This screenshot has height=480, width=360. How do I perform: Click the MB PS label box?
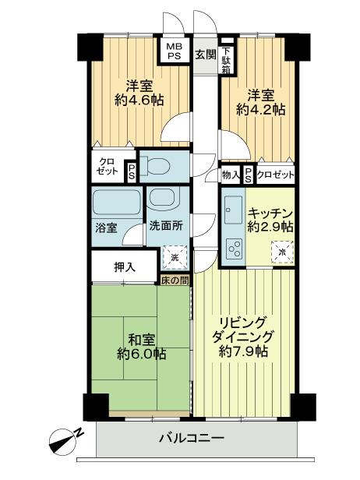pyautogui.click(x=175, y=51)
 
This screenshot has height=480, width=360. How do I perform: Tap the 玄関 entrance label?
pyautogui.click(x=205, y=55)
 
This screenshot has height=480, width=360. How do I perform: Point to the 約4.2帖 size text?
pyautogui.click(x=260, y=110)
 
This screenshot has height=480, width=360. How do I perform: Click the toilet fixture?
pyautogui.click(x=159, y=166)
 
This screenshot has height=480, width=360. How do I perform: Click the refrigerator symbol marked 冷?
pyautogui.click(x=282, y=252)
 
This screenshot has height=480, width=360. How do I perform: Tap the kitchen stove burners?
pyautogui.click(x=233, y=249)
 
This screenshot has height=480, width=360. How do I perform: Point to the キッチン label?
pyautogui.click(x=270, y=212)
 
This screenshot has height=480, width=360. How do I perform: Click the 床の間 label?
pyautogui.click(x=175, y=278)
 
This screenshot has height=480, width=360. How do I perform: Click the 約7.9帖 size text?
pyautogui.click(x=244, y=351)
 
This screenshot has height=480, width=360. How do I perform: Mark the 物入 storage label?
pyautogui.click(x=230, y=175)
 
